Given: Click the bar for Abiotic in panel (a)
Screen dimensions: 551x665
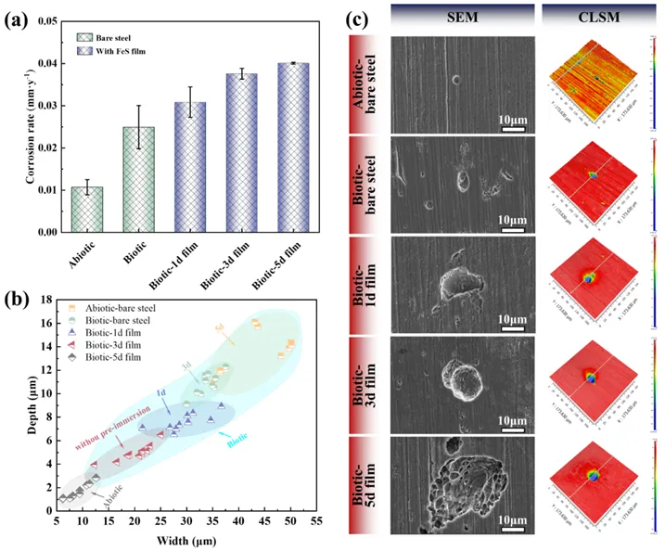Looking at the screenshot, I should point(86,210).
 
